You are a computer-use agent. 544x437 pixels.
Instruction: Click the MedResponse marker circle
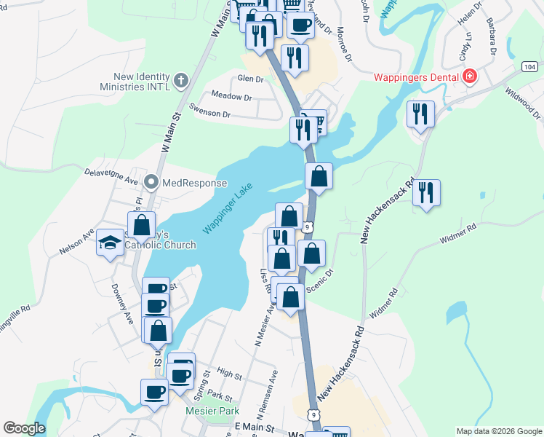152,182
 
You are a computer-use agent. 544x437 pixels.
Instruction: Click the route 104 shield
529,66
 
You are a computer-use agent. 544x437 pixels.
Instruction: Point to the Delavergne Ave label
111,178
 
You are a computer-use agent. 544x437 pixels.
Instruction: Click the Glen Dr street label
249,79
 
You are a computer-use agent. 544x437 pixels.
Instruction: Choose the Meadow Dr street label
231,96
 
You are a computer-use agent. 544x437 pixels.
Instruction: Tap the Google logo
24,428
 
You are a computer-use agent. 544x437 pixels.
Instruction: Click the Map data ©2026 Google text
498,431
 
